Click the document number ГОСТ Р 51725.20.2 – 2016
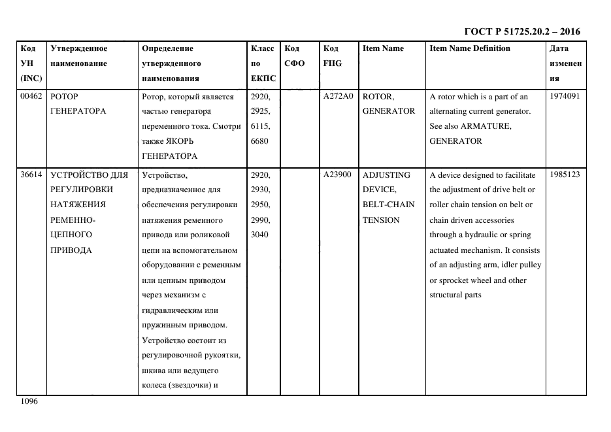click(x=521, y=31)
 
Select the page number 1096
click(x=29, y=401)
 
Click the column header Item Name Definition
click(x=469, y=48)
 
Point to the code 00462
click(x=31, y=96)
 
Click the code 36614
click(x=31, y=174)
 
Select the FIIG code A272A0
click(x=338, y=96)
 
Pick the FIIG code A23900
click(x=337, y=174)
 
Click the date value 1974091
click(x=565, y=96)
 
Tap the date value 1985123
click(x=565, y=174)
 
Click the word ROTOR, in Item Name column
click(x=378, y=97)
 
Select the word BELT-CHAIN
click(x=388, y=205)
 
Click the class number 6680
click(x=260, y=141)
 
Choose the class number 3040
click(x=260, y=235)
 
